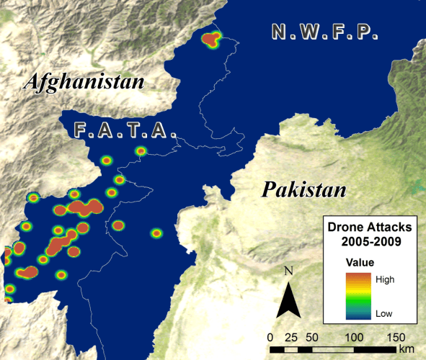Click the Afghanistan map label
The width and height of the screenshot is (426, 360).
click(x=85, y=81)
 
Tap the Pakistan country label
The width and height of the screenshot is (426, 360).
click(x=303, y=190)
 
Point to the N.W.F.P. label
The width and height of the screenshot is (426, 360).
click(x=324, y=32)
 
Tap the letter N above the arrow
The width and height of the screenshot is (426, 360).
click(x=288, y=271)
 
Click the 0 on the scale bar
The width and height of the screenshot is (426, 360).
click(x=270, y=336)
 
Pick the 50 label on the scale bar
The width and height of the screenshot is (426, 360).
click(x=312, y=336)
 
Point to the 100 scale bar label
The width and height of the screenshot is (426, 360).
click(x=354, y=336)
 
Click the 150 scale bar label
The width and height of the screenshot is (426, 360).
click(x=396, y=336)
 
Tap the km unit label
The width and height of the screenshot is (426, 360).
click(x=407, y=349)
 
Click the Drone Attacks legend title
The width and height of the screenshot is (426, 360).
click(x=370, y=227)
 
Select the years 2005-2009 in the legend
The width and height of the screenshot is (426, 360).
click(x=370, y=241)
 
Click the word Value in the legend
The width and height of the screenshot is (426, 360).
click(x=360, y=261)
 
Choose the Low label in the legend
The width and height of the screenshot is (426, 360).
click(x=385, y=313)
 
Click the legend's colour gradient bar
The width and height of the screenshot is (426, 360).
click(x=360, y=295)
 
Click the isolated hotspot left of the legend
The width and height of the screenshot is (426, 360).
click(x=156, y=233)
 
